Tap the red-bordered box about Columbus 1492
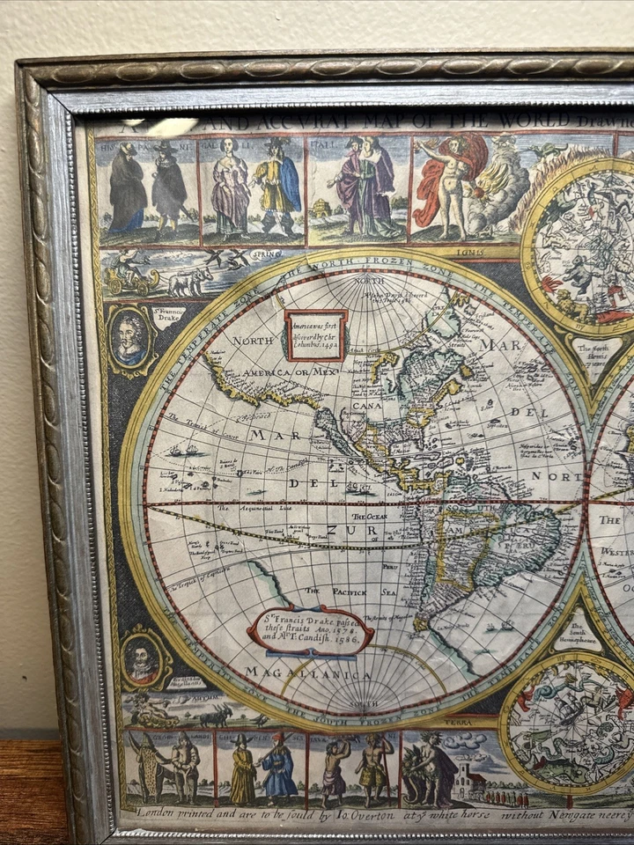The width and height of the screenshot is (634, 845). coord(315,334)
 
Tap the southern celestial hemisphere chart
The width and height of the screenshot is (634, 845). coord(571,727)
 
